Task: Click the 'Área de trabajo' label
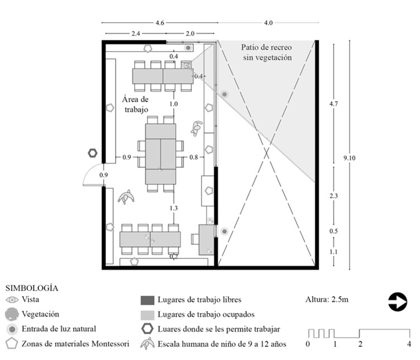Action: pos(136,105)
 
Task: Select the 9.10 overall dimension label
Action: pos(351,158)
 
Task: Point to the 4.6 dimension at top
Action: pos(160,23)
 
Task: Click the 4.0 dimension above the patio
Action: pos(268,23)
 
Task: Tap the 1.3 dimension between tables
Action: pos(173,208)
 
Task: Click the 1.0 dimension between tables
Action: pos(173,104)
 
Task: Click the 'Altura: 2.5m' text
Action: pos(327,300)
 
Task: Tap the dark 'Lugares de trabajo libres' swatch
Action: pos(149,300)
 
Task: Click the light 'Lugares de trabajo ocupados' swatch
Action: pos(149,315)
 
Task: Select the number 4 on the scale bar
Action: pos(409,343)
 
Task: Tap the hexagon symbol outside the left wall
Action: pos(92,152)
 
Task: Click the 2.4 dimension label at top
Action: pos(136,33)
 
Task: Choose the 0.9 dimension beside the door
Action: pos(103,176)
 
